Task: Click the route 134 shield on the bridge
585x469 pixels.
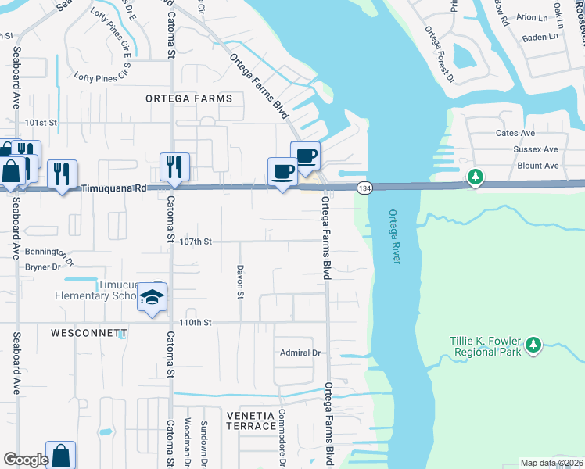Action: coord(364,188)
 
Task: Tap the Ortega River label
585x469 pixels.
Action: coord(393,236)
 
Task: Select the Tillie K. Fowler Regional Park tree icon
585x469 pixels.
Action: coord(534,345)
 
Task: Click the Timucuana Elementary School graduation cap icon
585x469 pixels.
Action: coord(152,298)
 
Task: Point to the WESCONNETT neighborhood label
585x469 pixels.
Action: coord(88,333)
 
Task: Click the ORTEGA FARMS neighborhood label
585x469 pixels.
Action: coord(188,98)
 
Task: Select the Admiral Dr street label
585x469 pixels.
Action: coord(301,353)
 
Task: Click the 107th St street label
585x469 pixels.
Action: coord(196,242)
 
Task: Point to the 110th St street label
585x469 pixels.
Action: coord(196,322)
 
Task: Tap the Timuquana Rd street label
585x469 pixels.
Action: coord(114,188)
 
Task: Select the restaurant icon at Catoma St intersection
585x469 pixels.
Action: coord(173,166)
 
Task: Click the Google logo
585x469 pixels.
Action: coord(26,460)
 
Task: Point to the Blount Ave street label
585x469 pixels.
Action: coord(538,166)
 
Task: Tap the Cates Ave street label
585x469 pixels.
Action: coord(515,134)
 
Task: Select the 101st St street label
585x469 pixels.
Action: coord(41,123)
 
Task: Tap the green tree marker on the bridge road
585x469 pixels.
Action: coord(475,177)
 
